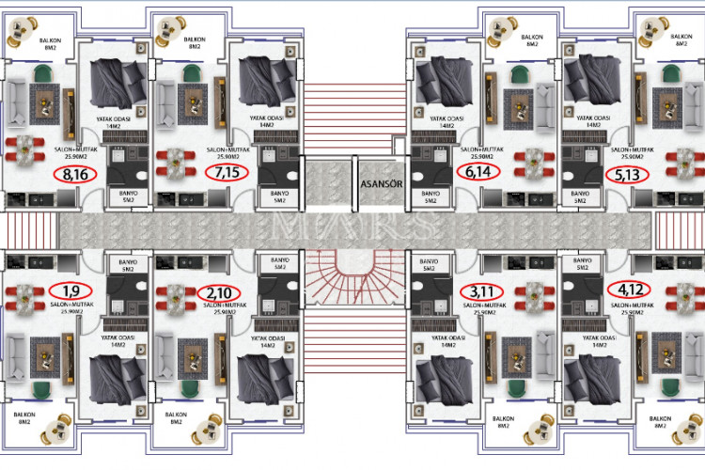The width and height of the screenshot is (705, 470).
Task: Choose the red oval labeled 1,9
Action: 70,290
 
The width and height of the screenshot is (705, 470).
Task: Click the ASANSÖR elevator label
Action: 381,184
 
